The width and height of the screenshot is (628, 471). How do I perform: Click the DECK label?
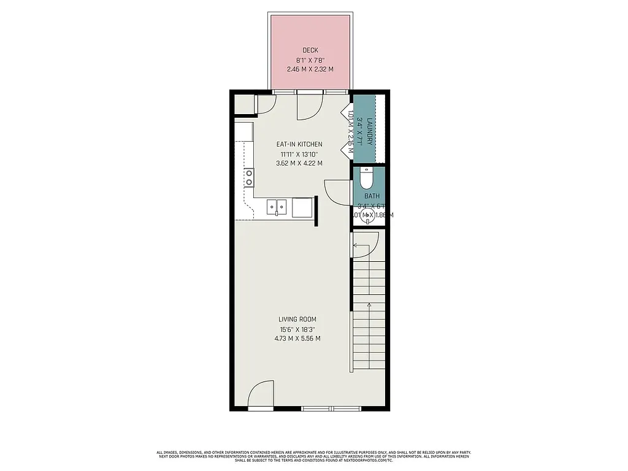click(x=310, y=50)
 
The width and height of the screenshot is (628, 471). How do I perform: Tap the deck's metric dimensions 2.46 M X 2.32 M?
click(x=310, y=69)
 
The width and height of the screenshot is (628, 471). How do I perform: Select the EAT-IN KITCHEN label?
click(x=299, y=145)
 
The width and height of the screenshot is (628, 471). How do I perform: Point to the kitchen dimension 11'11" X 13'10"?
click(x=299, y=154)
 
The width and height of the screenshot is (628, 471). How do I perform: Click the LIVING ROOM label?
click(x=297, y=320)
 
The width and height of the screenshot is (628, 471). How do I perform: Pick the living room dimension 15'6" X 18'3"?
click(x=297, y=329)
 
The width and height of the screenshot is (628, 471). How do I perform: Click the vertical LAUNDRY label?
click(x=370, y=132)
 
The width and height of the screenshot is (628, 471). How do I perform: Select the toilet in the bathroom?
click(x=366, y=178)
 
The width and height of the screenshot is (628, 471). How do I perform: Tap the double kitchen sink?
click(x=277, y=208)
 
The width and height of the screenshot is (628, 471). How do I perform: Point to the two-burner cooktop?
click(x=249, y=177)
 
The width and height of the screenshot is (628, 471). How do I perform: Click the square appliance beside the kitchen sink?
click(x=302, y=208)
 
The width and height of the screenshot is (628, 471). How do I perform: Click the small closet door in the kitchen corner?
click(x=265, y=104)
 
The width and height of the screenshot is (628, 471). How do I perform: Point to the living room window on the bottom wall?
click(x=327, y=408)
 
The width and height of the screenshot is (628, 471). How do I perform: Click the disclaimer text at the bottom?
click(x=314, y=457)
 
